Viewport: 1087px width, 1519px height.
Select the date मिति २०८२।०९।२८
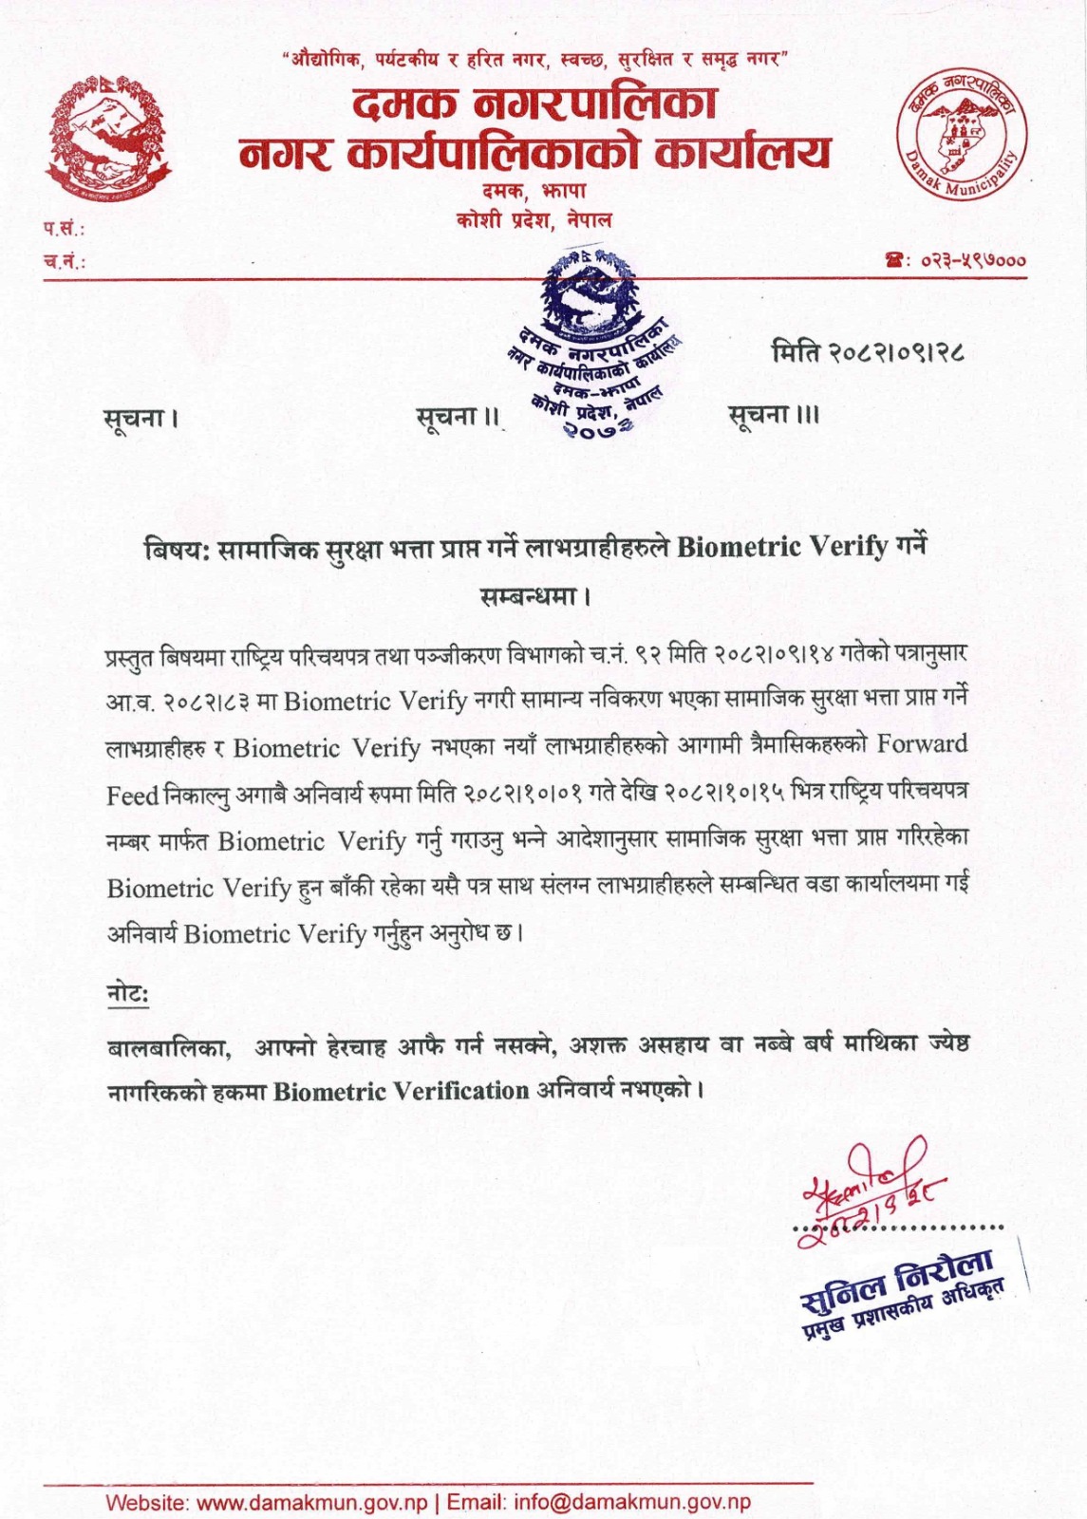pyautogui.click(x=868, y=353)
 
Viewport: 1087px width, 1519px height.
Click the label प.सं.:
pyautogui.click(x=64, y=229)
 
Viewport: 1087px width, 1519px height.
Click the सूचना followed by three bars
pyautogui.click(x=773, y=415)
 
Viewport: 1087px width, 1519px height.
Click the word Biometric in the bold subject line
pyautogui.click(x=738, y=547)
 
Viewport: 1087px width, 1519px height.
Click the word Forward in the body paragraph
pyautogui.click(x=922, y=743)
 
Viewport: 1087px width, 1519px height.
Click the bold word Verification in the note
pyautogui.click(x=460, y=1091)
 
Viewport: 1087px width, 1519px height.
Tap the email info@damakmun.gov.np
pyautogui.click(x=632, y=1502)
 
